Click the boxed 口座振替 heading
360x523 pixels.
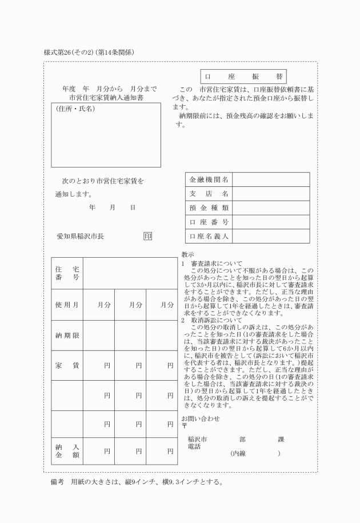[243, 77]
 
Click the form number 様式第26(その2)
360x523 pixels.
[68, 53]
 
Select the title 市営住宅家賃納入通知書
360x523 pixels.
[109, 98]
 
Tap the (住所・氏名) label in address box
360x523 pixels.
[75, 109]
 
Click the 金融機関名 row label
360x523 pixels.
[209, 180]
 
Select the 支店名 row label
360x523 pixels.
[209, 194]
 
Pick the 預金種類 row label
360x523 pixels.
[209, 208]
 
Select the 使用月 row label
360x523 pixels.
[67, 305]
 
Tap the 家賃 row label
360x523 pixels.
[67, 365]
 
